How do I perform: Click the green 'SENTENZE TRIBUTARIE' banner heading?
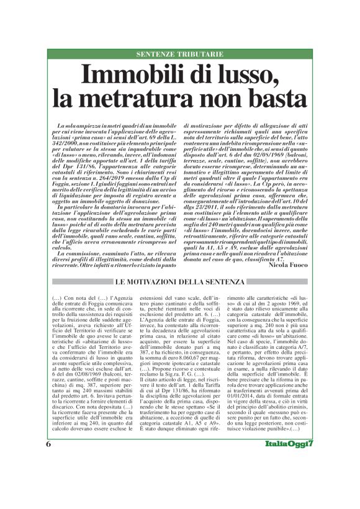pos(179,55)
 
